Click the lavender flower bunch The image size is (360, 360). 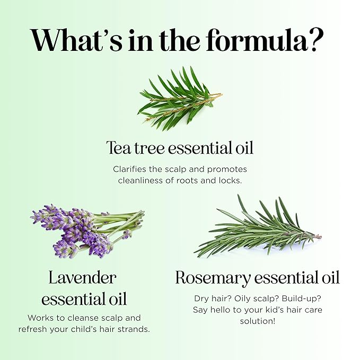point(74,229)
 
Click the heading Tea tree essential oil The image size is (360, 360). point(180,148)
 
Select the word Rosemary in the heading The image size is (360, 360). point(213,277)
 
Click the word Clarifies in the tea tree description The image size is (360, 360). point(131,169)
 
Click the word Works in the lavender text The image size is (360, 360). point(41,318)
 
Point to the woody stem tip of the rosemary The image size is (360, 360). point(317,236)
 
